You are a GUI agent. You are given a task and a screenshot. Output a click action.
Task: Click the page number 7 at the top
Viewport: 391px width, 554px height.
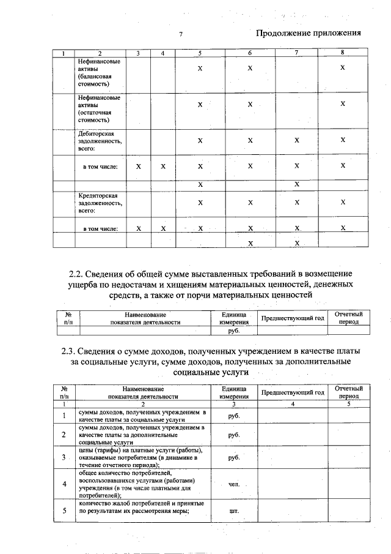pyautogui.click(x=181, y=35)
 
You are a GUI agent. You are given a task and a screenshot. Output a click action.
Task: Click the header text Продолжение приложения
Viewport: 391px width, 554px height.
pyautogui.click(x=308, y=33)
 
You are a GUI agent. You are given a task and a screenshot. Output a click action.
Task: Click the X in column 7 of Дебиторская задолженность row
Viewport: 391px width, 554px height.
pyautogui.click(x=296, y=140)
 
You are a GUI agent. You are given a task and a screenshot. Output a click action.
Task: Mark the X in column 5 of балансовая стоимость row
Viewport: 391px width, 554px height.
pyautogui.click(x=200, y=68)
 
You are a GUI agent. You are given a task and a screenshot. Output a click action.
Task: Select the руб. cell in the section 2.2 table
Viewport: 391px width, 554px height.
pyautogui.click(x=233, y=331)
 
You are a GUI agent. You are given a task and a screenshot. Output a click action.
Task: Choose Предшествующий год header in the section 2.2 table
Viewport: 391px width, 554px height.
pyautogui.click(x=292, y=318)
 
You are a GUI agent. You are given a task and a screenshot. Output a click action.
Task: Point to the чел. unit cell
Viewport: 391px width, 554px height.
pyautogui.click(x=233, y=484)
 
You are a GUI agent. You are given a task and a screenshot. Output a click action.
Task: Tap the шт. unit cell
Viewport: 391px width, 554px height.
pyautogui.click(x=233, y=511)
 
